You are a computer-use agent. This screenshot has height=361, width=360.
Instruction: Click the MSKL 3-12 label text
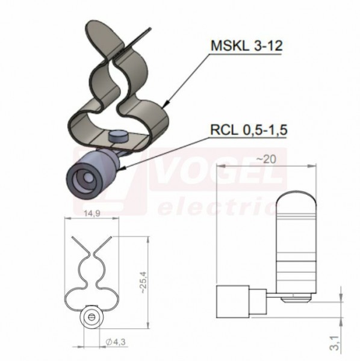(246, 46)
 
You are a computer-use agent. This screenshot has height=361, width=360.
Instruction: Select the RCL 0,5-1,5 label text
(249, 130)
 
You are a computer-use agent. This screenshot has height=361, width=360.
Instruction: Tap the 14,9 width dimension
(92, 214)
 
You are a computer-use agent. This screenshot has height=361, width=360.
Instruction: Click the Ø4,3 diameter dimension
(116, 342)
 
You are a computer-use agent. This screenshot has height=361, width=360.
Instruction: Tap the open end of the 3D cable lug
(82, 179)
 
